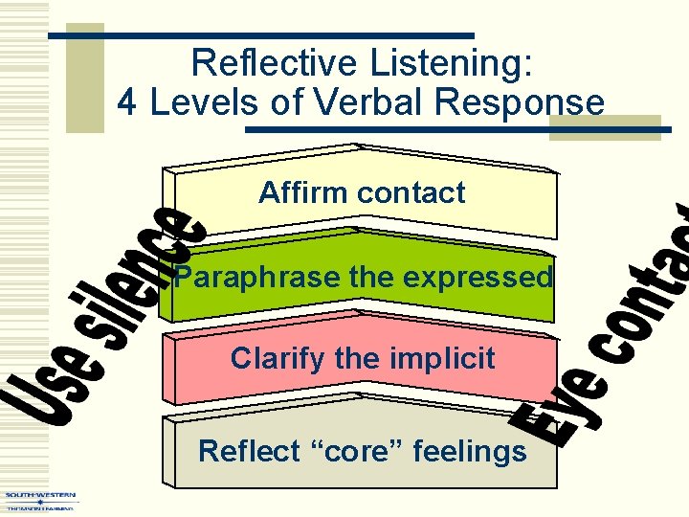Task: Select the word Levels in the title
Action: pyautogui.click(x=196, y=101)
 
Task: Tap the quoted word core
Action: pyautogui.click(x=364, y=451)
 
